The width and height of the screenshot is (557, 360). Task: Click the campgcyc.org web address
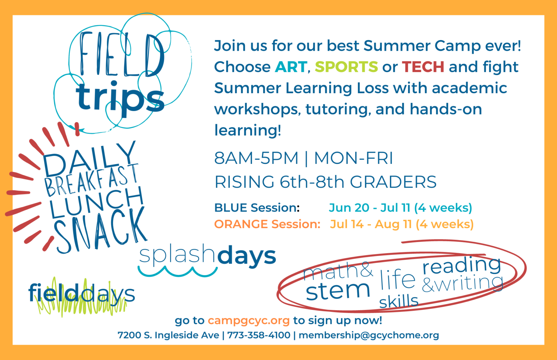[x=249, y=321]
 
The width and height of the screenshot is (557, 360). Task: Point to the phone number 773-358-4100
[x=259, y=335]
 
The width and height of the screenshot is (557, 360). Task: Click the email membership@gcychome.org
[x=369, y=335]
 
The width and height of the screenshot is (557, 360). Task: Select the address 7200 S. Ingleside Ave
[x=168, y=335]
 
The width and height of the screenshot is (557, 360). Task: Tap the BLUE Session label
[x=257, y=208]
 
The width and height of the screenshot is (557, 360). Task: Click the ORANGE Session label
[x=267, y=224]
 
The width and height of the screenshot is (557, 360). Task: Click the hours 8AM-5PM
[x=256, y=158]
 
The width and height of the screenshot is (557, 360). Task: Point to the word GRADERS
[x=393, y=182]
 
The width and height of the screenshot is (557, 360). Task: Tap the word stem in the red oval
[x=338, y=291]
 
